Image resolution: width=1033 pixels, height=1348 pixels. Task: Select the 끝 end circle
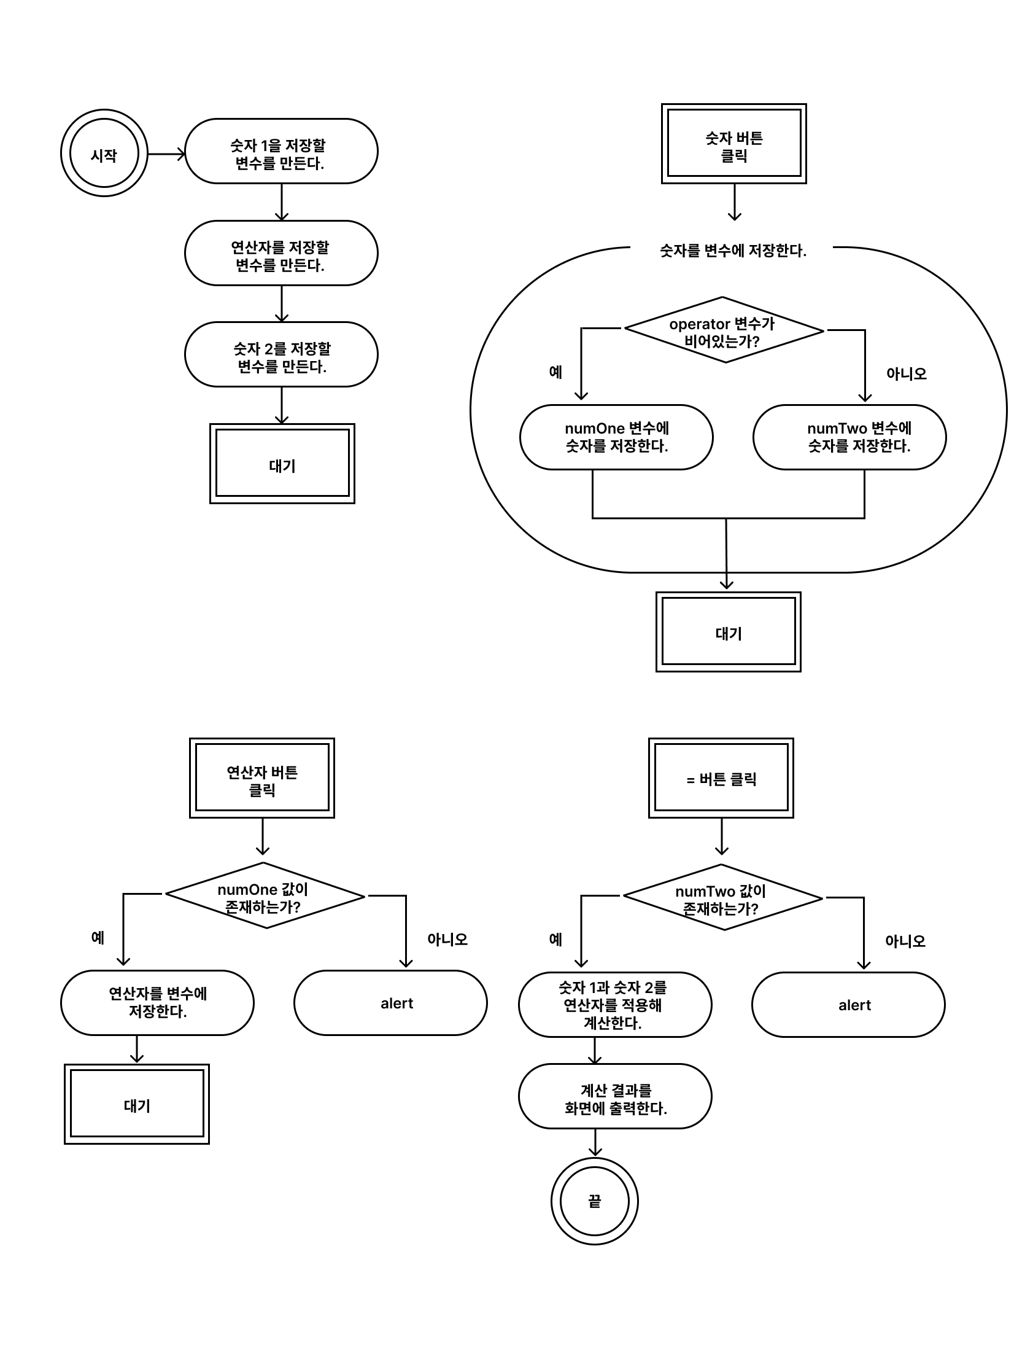[x=595, y=1201]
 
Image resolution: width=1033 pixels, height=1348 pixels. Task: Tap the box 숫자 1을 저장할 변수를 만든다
[x=281, y=151]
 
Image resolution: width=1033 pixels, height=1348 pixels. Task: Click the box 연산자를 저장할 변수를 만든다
[x=281, y=253]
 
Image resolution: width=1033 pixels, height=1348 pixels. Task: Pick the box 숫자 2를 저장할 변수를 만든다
[x=281, y=354]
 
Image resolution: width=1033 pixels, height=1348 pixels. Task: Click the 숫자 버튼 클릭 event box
[x=734, y=143]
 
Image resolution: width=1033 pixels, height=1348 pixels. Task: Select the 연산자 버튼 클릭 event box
[x=262, y=777]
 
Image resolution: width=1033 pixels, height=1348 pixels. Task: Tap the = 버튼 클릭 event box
[x=721, y=777]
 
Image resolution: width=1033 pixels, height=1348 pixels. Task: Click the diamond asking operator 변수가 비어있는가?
[x=724, y=330]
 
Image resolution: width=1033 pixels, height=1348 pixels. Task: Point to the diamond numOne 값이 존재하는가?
[x=265, y=896]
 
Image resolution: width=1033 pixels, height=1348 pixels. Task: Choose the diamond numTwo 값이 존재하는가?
[x=722, y=898]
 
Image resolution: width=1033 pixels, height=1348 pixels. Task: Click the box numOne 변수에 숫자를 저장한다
[x=616, y=437]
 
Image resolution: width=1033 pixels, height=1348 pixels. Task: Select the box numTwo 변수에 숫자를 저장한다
[x=849, y=437]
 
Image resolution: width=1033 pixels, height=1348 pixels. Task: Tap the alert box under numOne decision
[x=390, y=1003]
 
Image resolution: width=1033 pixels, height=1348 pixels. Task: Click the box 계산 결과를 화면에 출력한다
[x=615, y=1096]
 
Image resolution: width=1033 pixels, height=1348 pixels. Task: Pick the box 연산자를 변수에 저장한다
[x=157, y=1003]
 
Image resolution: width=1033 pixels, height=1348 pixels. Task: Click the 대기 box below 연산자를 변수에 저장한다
[x=137, y=1104]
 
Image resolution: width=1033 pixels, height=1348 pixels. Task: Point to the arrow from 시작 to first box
[x=166, y=154]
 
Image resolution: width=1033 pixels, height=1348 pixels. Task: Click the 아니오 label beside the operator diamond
[x=906, y=373]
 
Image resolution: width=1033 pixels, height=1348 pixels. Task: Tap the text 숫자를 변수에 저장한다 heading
[x=733, y=251]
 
